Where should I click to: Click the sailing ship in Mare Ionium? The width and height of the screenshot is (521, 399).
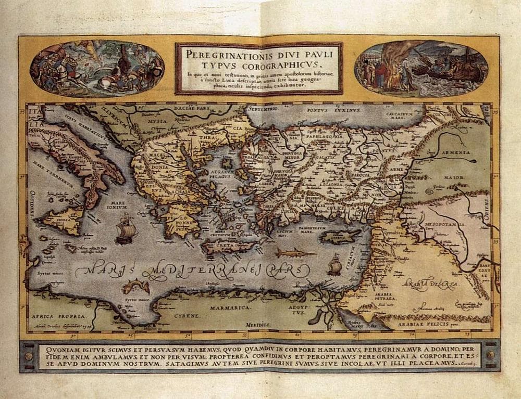(x=125, y=229)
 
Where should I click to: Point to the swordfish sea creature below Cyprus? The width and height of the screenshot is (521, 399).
(x=295, y=253)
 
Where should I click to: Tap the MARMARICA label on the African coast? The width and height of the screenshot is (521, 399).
(x=230, y=308)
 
